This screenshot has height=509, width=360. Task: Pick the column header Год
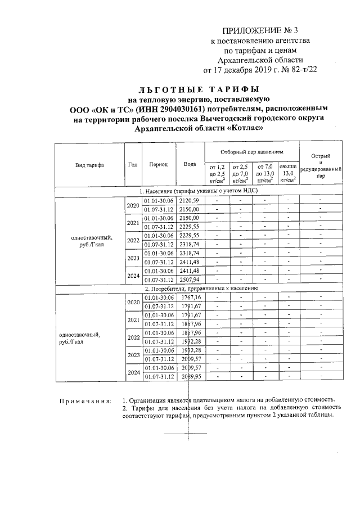[x=133, y=165]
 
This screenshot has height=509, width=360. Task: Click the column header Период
[x=159, y=165]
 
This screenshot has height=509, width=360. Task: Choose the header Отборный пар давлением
[x=251, y=152]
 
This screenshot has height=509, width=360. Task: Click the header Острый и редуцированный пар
[x=320, y=165]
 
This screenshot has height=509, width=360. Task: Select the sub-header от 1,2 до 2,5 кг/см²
[x=217, y=174]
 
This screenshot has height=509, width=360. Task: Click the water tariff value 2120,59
[x=190, y=201]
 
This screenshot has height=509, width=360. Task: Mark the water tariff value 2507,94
[x=190, y=280]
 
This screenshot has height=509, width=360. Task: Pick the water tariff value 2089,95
[x=190, y=376]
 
